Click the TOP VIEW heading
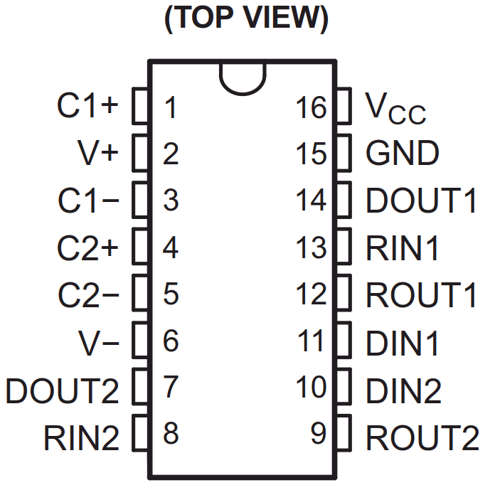(x=247, y=20)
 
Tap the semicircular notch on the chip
(x=243, y=75)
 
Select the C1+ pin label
(x=88, y=107)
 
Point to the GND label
(x=402, y=153)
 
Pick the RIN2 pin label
(x=82, y=437)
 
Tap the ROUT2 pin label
(x=422, y=437)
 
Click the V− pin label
(x=98, y=343)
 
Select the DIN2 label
(x=403, y=390)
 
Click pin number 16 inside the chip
(x=312, y=108)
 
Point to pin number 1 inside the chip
(x=170, y=108)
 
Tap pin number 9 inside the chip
(x=319, y=435)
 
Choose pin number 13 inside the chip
(x=312, y=248)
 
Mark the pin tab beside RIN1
(x=344, y=248)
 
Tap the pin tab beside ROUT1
(x=344, y=294)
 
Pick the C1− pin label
(x=88, y=201)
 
